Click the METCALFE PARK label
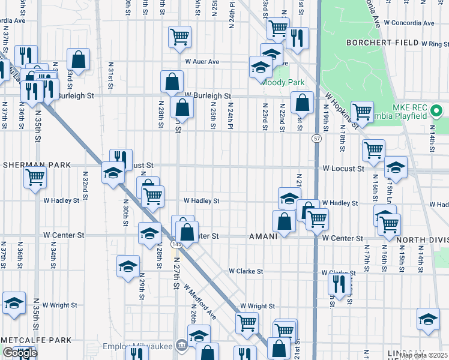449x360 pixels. coord(36,340)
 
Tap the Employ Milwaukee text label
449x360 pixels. coord(137,346)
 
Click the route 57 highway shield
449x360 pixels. coord(316,139)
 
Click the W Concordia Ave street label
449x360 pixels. coord(409,23)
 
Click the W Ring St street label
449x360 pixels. coord(435,44)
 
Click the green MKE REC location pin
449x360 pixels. coord(436,111)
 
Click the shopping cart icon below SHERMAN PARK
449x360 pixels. coord(35,177)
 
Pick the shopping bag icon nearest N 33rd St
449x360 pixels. coord(78,59)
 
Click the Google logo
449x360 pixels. coord(20,353)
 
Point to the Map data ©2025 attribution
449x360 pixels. coord(423,355)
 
